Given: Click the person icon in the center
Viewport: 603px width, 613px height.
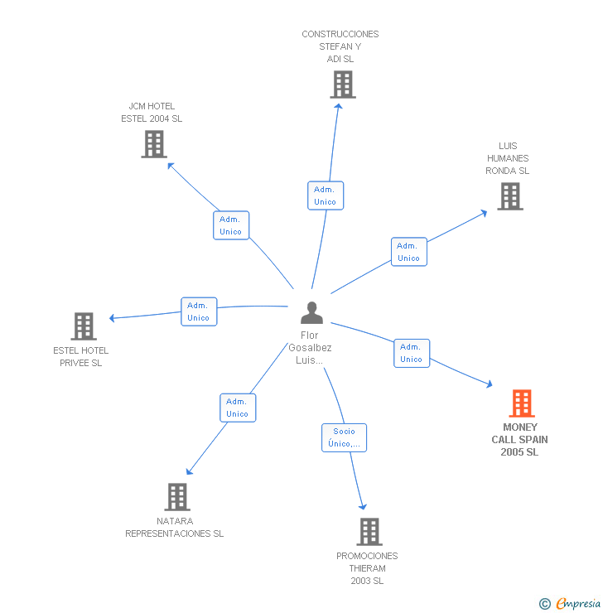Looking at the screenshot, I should point(311,313).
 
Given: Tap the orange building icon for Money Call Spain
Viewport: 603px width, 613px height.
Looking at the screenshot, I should point(521,403).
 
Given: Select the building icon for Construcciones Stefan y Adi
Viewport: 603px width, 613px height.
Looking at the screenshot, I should point(342,84).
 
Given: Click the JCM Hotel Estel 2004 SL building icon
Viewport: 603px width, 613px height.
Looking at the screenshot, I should point(153,144).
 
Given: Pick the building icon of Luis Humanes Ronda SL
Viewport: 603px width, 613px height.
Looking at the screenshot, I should point(509,196).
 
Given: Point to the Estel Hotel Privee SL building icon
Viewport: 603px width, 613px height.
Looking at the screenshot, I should point(83,326).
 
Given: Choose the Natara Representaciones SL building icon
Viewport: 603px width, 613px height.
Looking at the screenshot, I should point(176,497).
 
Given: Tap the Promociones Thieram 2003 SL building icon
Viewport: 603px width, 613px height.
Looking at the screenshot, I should point(369,532).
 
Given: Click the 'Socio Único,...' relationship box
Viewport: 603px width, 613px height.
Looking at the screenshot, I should point(344,437).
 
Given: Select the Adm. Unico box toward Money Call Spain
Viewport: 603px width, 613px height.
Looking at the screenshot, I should point(411,353).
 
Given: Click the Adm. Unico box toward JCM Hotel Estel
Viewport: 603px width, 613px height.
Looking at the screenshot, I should point(230,225).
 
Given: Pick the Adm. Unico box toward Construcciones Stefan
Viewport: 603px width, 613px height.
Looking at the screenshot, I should point(325,195).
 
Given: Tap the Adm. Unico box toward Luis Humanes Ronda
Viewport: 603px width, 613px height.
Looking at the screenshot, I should point(408,252).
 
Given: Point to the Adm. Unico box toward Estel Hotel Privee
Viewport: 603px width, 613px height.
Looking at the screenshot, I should point(198,311).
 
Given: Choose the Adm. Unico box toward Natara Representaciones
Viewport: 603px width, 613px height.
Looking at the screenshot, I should point(237,408).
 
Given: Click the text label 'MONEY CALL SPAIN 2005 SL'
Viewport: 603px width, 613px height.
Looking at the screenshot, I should point(519,440).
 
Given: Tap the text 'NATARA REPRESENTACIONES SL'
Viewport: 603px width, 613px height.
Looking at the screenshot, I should point(174,528).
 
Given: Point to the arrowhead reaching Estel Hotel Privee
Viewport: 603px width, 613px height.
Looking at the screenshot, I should point(112,317).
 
